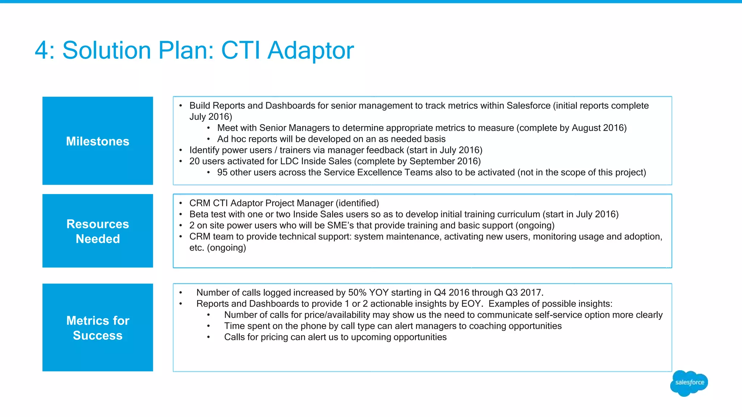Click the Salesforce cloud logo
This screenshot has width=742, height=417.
[689, 383]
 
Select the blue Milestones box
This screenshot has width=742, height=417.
[97, 141]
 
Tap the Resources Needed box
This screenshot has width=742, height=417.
[97, 231]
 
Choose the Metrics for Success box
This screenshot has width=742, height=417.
[97, 328]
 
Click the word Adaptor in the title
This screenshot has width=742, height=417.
[310, 50]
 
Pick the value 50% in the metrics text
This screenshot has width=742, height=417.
[357, 292]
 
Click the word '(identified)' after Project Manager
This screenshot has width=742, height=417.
[357, 203]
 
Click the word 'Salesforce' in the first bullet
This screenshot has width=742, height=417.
[528, 106]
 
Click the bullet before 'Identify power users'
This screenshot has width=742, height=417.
[180, 150]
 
